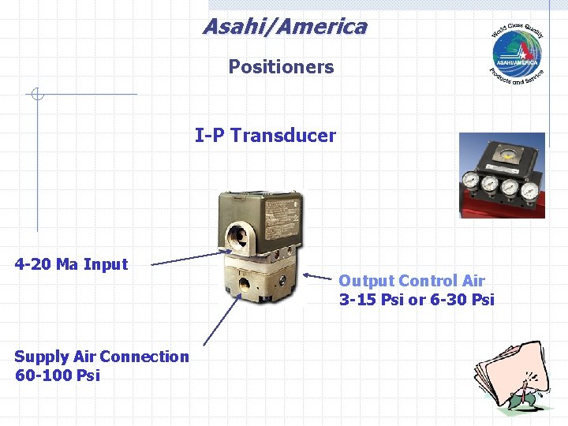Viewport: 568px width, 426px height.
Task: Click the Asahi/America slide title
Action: coord(284,27)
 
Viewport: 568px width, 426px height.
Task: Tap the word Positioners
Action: coord(281,67)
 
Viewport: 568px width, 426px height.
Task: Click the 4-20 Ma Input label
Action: coord(71,264)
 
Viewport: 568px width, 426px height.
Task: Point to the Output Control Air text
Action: coord(411,281)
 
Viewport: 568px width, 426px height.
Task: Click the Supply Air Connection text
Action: coord(102,357)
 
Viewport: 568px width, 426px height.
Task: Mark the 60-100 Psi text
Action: coord(57,376)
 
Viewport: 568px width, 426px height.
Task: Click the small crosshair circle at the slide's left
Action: coord(36,95)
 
